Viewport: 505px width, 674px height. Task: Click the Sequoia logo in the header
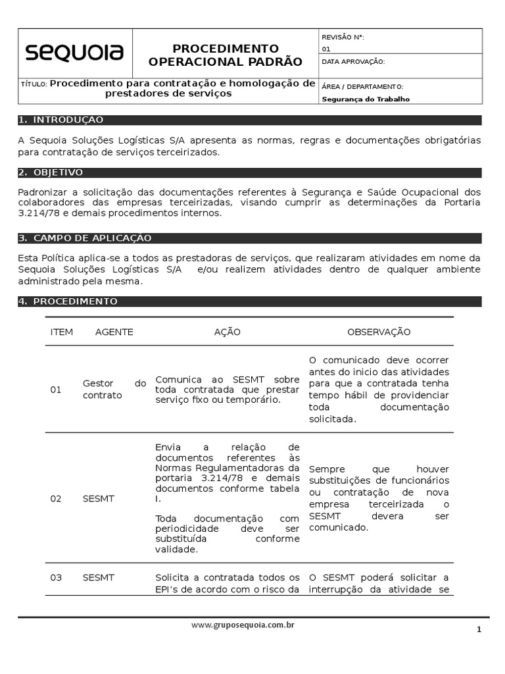click(x=74, y=53)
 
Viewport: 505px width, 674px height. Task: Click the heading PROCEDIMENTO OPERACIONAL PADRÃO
click(x=226, y=55)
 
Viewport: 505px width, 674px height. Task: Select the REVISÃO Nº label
click(x=343, y=38)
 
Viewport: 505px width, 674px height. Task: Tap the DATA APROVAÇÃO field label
click(x=353, y=62)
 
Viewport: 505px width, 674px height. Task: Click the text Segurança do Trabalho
click(x=366, y=99)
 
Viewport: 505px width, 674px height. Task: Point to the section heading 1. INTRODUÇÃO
click(x=61, y=120)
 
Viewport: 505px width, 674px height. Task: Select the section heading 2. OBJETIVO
click(x=51, y=172)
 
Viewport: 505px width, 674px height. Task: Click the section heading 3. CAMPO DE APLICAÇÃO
click(x=85, y=238)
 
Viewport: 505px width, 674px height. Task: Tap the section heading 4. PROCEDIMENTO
click(x=68, y=301)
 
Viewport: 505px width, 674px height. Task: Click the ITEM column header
click(x=62, y=332)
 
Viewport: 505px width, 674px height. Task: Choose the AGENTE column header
click(x=114, y=332)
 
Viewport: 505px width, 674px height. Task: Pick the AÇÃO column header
click(x=228, y=332)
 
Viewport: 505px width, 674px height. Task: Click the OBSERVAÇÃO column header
click(x=379, y=332)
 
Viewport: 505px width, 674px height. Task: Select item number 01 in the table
click(x=56, y=390)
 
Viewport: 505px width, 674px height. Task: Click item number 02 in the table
click(x=56, y=499)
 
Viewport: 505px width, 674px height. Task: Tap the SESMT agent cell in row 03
click(x=99, y=577)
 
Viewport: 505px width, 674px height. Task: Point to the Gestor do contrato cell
click(x=114, y=390)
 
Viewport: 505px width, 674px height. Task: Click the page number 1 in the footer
click(x=479, y=630)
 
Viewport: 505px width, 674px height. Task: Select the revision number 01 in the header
click(x=327, y=49)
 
